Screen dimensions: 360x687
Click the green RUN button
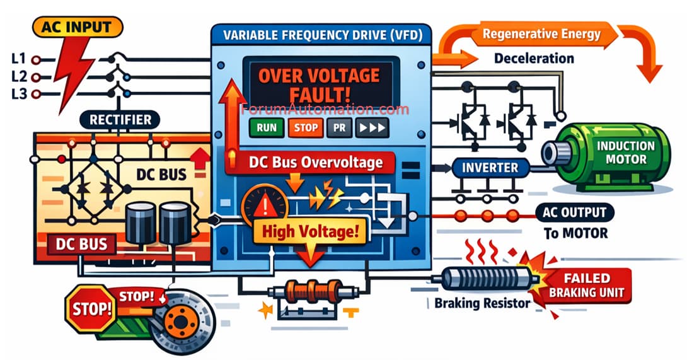267,127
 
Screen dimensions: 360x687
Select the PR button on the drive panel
338,127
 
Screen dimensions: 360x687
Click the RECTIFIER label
120,120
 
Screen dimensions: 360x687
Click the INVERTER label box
489,168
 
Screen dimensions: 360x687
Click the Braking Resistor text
482,303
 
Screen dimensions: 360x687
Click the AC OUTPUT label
573,212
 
